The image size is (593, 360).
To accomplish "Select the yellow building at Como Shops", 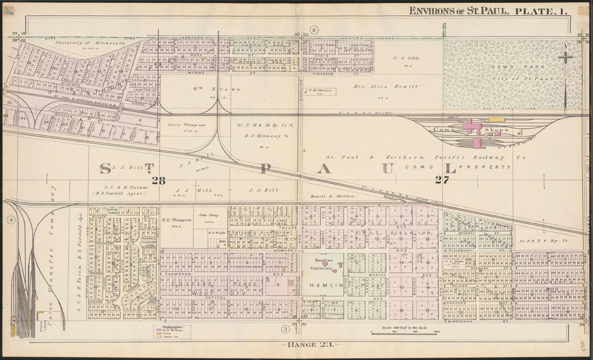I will (497, 119).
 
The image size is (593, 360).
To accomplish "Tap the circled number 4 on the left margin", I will (9, 219).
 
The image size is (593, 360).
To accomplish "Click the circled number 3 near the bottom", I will (284, 329).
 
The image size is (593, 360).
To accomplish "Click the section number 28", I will (158, 181).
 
